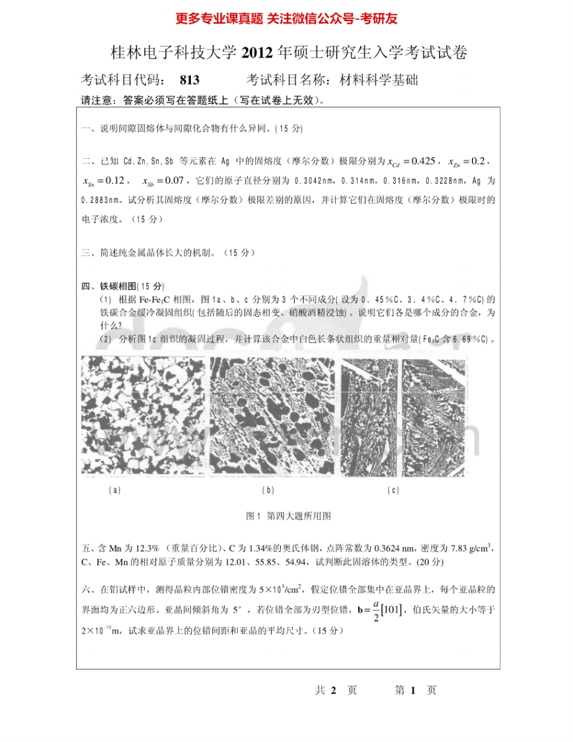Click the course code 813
coord(189,81)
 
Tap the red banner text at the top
coord(286,19)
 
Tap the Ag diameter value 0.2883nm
coord(99,198)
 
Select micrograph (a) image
coord(142,416)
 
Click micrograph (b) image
coord(272,416)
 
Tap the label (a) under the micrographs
coord(114,490)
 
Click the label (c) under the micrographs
coord(393,490)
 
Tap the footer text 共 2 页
coord(336,690)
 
